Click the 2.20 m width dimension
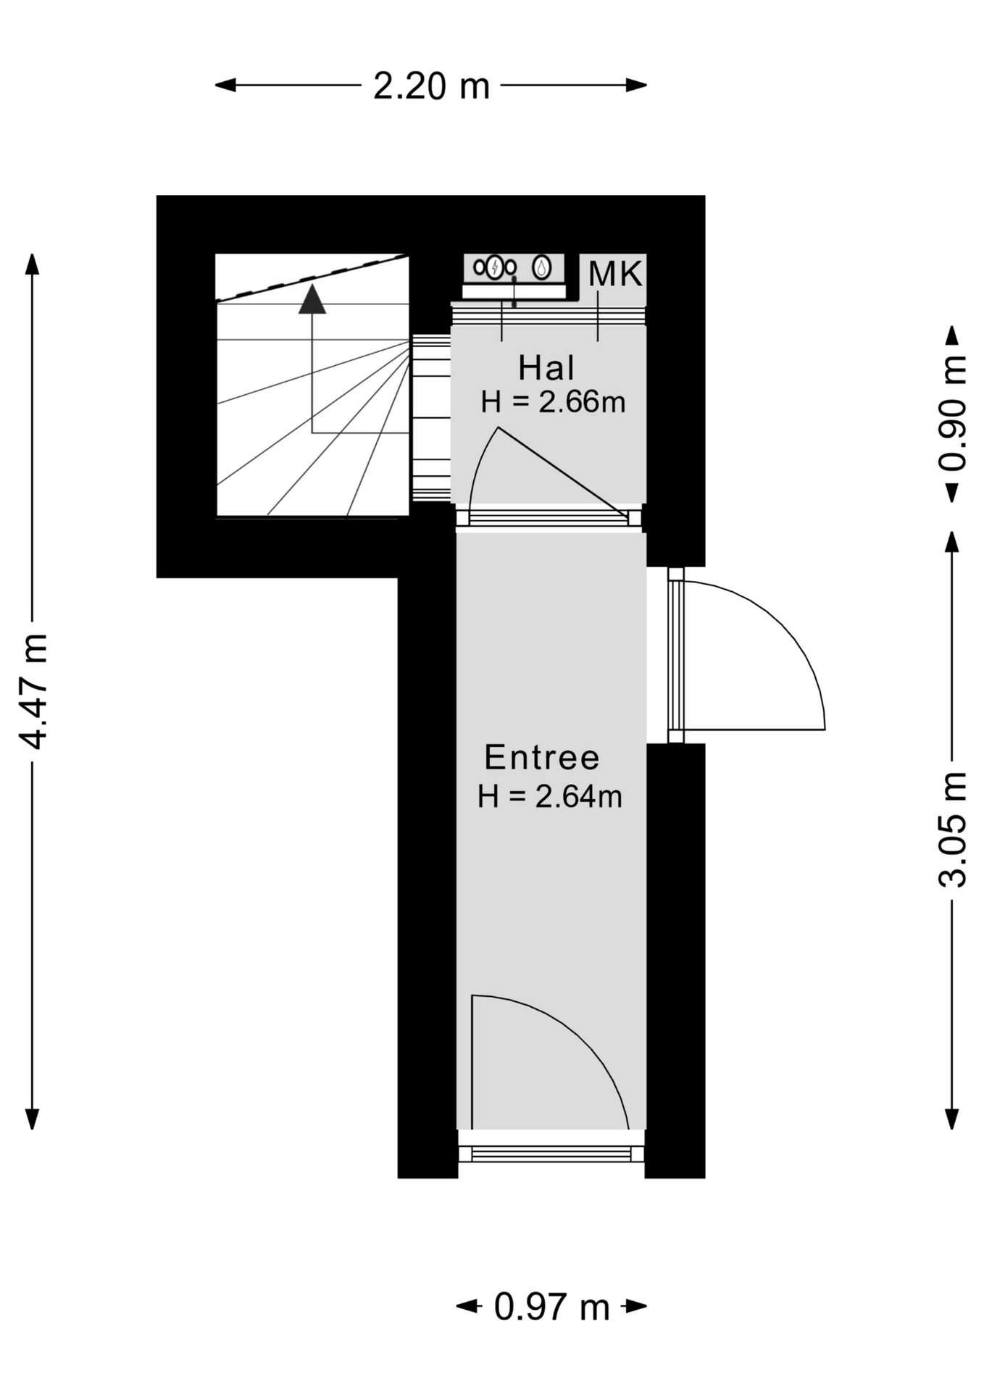[431, 85]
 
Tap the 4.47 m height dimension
[33, 691]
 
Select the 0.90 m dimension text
[952, 414]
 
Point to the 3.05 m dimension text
[952, 830]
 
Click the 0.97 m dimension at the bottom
[551, 1307]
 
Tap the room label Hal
[546, 368]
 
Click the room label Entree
[542, 758]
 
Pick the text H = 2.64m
[550, 797]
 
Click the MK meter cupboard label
[615, 274]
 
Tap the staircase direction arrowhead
[312, 298]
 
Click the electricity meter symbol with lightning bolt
[495, 267]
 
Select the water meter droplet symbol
[541, 267]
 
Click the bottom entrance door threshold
[551, 1154]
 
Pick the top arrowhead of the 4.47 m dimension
[33, 264]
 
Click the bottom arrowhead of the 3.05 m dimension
[952, 1119]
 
